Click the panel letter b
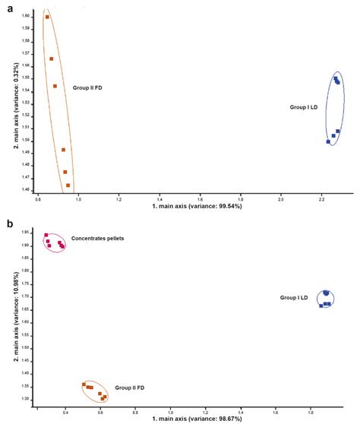7,224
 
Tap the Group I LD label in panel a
307,108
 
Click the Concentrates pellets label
97,238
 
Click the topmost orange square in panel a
47,17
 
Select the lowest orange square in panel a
68,185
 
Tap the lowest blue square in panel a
328,141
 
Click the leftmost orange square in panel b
84,384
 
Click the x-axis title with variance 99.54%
197,206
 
